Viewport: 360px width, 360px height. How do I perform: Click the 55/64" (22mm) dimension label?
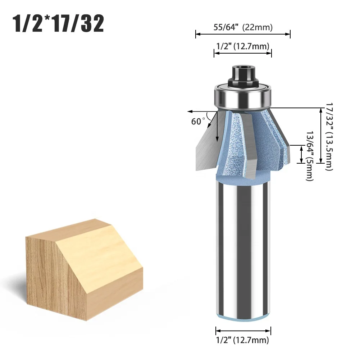click(x=242, y=27)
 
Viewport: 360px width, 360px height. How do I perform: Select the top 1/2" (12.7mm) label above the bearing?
click(x=242, y=46)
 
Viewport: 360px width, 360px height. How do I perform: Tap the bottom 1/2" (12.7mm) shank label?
click(x=242, y=340)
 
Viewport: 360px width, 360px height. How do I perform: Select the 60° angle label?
click(x=198, y=121)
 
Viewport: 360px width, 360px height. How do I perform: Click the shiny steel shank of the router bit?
click(x=243, y=252)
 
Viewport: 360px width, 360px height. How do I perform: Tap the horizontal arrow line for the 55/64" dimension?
click(x=242, y=35)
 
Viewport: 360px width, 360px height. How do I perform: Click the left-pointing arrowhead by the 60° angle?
click(x=190, y=111)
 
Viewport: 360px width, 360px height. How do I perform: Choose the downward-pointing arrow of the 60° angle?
click(x=217, y=138)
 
